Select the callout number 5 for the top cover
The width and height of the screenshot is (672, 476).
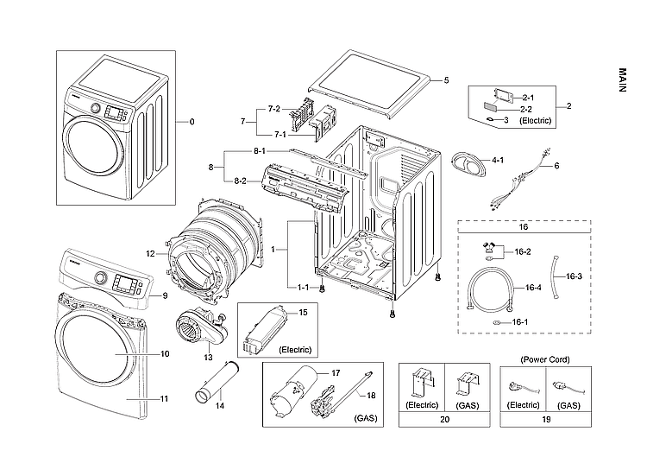click(x=446, y=80)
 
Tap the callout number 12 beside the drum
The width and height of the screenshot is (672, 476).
click(x=150, y=253)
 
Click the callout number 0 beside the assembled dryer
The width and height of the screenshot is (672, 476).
click(x=192, y=122)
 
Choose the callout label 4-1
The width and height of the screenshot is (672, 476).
click(x=498, y=161)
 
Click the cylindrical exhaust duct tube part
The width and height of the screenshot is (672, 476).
click(x=217, y=381)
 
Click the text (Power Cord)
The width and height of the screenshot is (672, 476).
click(x=544, y=358)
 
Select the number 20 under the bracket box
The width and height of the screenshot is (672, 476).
click(x=444, y=420)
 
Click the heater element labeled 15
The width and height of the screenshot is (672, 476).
click(x=267, y=331)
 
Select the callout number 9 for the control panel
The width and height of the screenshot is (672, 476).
click(x=164, y=296)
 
